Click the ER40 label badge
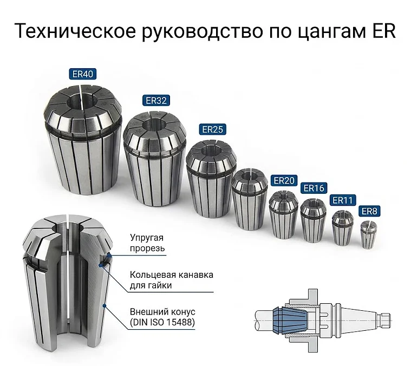click(82, 74)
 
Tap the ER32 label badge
click(156, 100)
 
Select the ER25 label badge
click(212, 129)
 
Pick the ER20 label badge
click(284, 180)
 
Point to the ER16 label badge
click(314, 188)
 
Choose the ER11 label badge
click(343, 200)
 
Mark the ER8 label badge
click(369, 211)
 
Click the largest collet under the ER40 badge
click(83, 140)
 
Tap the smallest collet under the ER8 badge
click(367, 235)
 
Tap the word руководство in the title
click(203, 32)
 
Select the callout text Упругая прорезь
click(147, 243)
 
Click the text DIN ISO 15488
click(162, 322)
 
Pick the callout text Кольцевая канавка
click(172, 275)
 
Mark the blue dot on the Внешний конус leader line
click(105, 305)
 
